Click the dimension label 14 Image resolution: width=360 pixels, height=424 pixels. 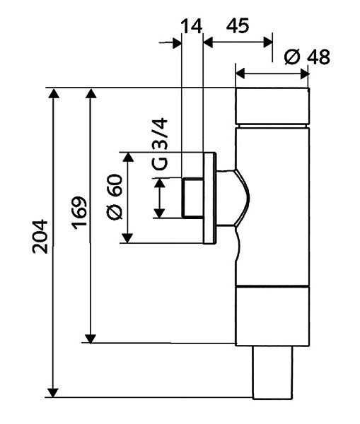tap(192, 26)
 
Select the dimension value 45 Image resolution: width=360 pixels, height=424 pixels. tap(238, 26)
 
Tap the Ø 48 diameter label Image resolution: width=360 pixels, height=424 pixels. tap(307, 57)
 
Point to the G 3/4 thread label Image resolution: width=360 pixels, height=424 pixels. tap(160, 144)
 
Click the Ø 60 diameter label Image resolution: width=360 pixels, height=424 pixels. tap(115, 197)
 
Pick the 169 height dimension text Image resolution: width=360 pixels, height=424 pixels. tap(79, 213)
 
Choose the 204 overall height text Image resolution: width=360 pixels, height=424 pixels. tap(40, 237)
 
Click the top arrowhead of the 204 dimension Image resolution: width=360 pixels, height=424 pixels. tap(54, 93)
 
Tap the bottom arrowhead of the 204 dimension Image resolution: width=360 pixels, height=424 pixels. tap(53, 393)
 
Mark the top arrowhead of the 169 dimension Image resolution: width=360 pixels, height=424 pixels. tap(91, 93)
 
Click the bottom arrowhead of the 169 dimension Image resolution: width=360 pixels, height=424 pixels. tap(91, 338)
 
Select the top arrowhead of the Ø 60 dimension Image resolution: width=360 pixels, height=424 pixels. tap(128, 157)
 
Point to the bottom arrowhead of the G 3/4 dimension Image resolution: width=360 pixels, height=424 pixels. tap(160, 213)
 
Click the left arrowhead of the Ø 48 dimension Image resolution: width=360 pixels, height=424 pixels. tap(240, 73)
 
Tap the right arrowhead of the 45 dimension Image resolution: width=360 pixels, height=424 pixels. tap(268, 42)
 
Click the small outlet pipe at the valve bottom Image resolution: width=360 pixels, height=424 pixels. tap(273, 372)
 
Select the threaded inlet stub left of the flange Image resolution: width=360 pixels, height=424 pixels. tap(192, 198)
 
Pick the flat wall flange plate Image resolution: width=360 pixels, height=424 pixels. tap(209, 198)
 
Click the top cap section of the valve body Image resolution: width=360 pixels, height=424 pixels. tap(272, 106)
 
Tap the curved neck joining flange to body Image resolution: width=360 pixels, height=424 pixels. tap(233, 198)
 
